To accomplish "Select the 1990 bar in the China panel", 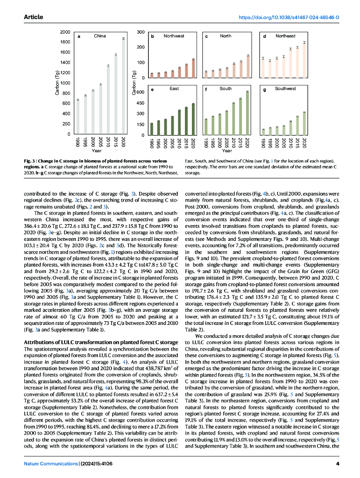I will click(x=78, y=117).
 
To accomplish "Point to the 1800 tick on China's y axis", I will click(x=66, y=42).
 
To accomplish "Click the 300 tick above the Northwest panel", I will click(x=141, y=32).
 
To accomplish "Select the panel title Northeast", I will click(x=285, y=36).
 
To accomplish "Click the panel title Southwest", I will click(x=285, y=88).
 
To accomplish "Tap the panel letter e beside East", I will click(x=153, y=89).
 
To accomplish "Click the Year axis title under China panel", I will click(x=97, y=151).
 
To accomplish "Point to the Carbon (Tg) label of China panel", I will click(x=57, y=83).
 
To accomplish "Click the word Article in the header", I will click(x=33, y=17).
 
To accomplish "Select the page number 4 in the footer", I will click(x=337, y=464).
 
